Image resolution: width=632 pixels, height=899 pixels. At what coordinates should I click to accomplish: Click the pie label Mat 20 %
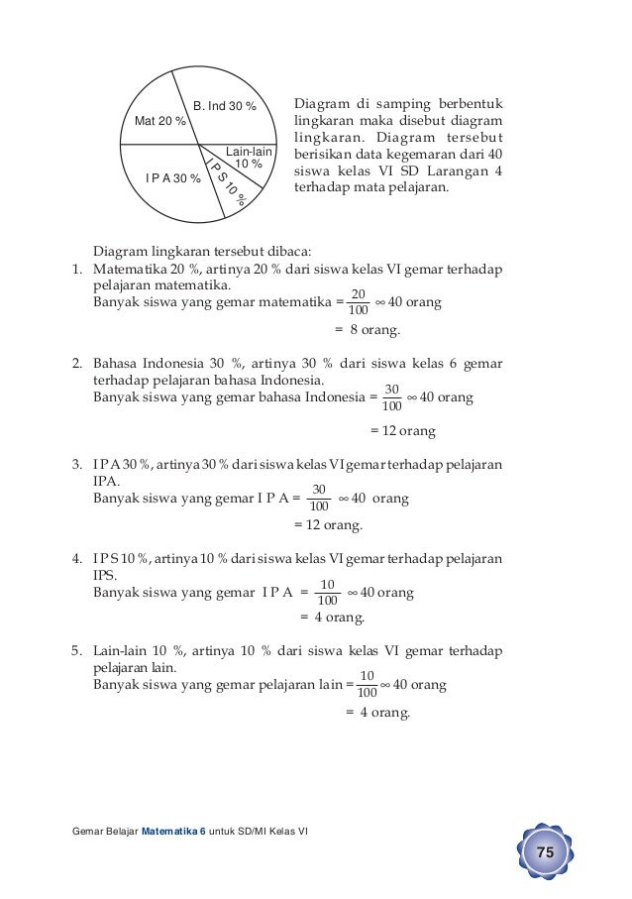click(159, 121)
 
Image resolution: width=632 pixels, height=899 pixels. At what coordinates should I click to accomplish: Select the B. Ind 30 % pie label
click(224, 105)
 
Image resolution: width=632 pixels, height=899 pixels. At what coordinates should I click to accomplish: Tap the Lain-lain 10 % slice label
click(248, 158)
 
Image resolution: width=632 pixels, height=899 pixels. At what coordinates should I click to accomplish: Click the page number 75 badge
click(544, 853)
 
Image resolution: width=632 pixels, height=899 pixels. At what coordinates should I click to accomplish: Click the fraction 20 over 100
click(359, 301)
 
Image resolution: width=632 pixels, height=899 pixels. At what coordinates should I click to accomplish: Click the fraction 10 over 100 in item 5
click(367, 684)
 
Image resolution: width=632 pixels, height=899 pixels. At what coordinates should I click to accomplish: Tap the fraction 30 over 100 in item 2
click(391, 397)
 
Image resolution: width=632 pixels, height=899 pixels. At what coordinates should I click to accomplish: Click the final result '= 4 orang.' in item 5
click(376, 712)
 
